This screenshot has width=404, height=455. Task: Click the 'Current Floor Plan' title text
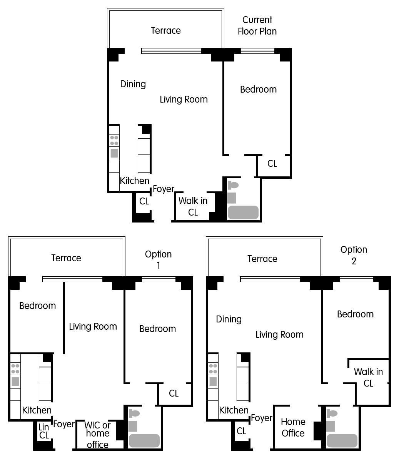coord(257,25)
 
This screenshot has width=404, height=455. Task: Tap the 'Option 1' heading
coord(158,259)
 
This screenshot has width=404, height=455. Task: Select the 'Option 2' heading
coord(354,255)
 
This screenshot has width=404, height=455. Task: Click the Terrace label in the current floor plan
coord(165,30)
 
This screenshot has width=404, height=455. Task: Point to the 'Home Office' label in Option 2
coord(293,427)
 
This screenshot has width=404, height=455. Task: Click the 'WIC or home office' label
coord(98,435)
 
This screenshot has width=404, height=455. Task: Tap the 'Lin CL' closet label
coord(44,431)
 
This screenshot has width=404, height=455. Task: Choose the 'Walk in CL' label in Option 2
coord(368,377)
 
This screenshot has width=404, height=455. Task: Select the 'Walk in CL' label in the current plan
coord(193,206)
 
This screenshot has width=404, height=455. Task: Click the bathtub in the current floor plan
coord(243,213)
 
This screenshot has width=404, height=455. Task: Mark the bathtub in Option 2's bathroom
coord(342,441)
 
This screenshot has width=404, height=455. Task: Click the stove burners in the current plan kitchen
coord(114,140)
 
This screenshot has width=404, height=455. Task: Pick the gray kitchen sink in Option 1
coord(15,381)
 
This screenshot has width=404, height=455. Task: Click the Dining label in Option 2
coord(229,319)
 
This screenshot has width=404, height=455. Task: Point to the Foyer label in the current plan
coord(164,189)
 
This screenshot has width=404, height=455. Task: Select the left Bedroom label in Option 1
coord(37,306)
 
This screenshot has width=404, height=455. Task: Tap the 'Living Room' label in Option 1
coord(93,326)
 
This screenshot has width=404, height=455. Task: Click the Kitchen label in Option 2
coord(234,410)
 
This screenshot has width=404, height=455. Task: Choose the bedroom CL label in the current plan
coord(272,163)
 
